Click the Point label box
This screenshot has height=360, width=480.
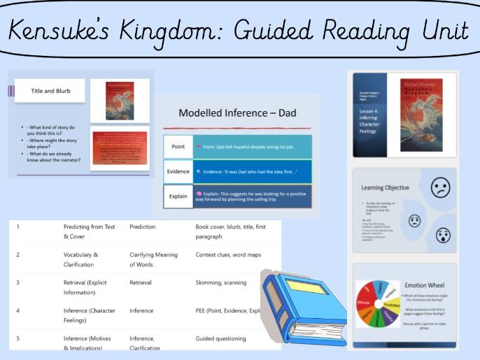tap(178, 146)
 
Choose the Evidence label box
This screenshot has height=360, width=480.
tap(178, 171)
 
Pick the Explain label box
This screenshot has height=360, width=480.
tap(178, 196)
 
